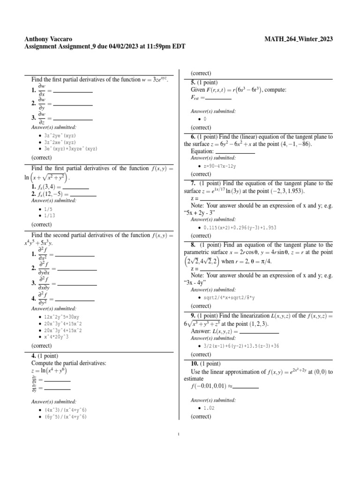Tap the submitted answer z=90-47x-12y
click(220, 166)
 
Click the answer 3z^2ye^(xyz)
click(60, 135)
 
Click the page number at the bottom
click(180, 434)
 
